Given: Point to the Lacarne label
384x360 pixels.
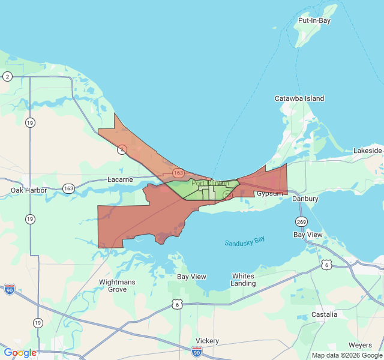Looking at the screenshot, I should [120, 179].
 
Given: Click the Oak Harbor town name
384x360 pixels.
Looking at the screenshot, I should [29, 190].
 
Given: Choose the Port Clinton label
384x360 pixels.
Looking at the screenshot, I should [209, 184].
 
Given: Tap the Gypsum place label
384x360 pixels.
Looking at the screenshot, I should [269, 193].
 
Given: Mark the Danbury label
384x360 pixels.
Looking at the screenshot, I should [305, 199].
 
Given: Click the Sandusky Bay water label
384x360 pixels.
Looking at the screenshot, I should [244, 241].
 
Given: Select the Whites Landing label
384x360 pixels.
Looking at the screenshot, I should [243, 279].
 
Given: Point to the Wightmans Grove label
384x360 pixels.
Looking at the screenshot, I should [117, 285].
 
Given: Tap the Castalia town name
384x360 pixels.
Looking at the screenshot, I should [324, 314].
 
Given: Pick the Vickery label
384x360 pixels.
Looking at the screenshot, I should [207, 341].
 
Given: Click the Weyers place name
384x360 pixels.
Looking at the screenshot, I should [359, 346].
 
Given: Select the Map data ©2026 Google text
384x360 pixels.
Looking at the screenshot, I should [347, 355].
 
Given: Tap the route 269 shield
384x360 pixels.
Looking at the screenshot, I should [301, 221].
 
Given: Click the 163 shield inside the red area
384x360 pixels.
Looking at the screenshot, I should [178, 173].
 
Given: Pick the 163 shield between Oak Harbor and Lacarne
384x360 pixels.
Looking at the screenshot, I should [68, 188].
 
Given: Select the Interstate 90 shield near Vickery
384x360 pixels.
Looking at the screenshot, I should [197, 351].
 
